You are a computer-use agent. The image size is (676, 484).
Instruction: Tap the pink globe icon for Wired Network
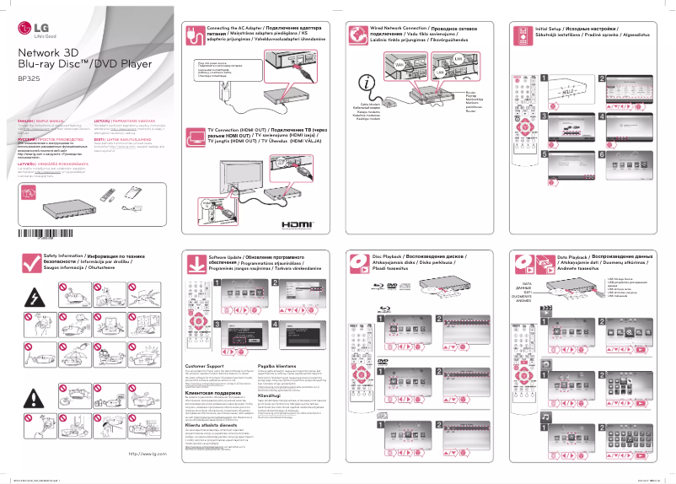[x=357, y=38]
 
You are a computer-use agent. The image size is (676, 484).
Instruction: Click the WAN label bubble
[x=399, y=63]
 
